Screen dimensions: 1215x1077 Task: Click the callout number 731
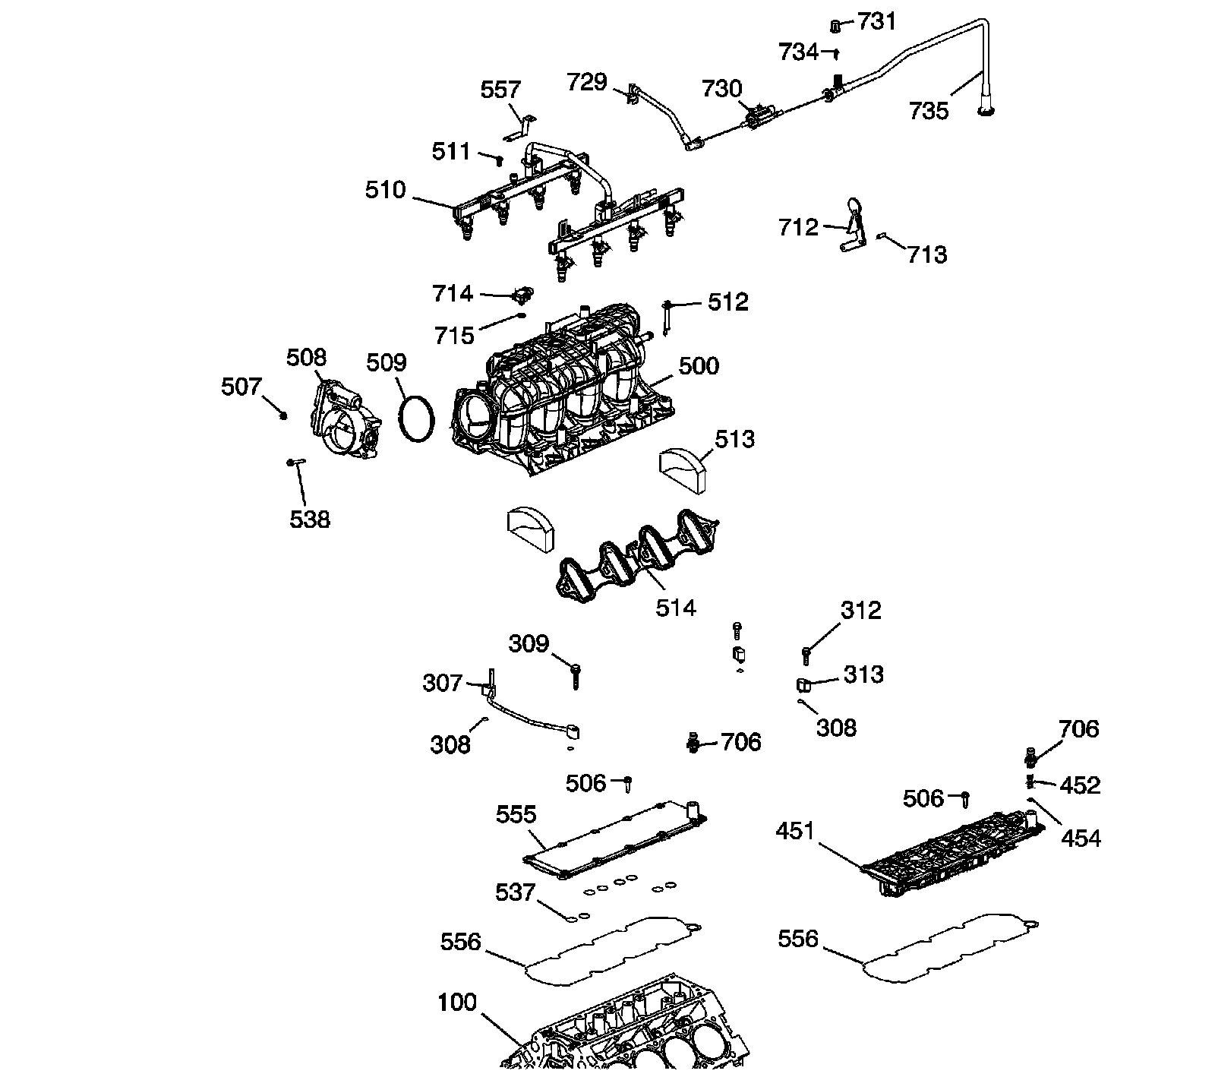click(876, 21)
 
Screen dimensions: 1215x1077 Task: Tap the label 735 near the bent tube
click(929, 112)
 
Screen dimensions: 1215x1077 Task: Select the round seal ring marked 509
click(417, 416)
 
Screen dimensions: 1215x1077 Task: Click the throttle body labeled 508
click(345, 420)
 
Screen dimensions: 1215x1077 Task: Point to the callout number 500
click(699, 366)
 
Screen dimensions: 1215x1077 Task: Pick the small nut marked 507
click(282, 415)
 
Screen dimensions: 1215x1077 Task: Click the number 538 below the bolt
click(310, 520)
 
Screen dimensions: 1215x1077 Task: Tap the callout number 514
click(676, 608)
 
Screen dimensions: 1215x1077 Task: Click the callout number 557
click(500, 90)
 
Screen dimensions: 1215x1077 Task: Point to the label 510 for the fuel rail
click(386, 190)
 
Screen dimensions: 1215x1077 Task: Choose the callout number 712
click(798, 227)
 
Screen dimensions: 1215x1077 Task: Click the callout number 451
click(795, 831)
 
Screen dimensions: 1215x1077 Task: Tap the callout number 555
click(516, 815)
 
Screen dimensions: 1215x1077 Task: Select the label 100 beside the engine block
click(457, 1003)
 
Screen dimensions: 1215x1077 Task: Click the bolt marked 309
click(575, 675)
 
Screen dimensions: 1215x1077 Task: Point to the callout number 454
click(1081, 839)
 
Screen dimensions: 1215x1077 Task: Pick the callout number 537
click(516, 892)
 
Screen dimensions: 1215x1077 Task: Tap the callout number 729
click(587, 81)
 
